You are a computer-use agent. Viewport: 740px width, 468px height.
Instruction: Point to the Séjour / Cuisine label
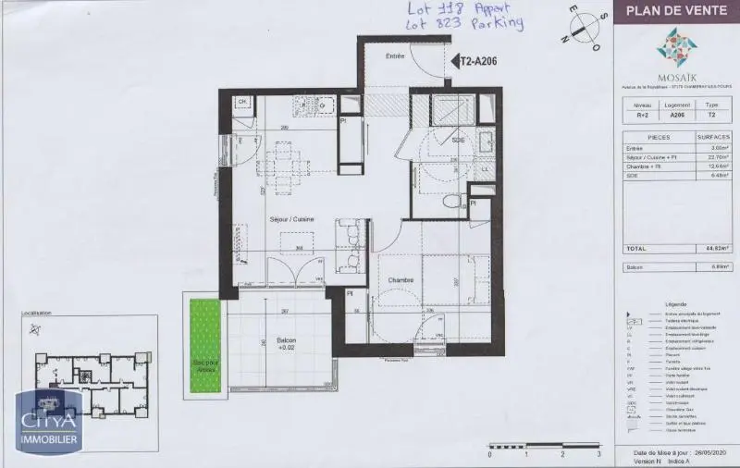tap(291, 218)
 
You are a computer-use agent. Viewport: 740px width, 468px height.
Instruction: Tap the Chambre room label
tap(400, 279)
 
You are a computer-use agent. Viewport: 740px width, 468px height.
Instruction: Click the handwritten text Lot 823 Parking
tap(451, 24)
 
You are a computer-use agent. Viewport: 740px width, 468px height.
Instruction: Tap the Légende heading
tap(675, 304)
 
